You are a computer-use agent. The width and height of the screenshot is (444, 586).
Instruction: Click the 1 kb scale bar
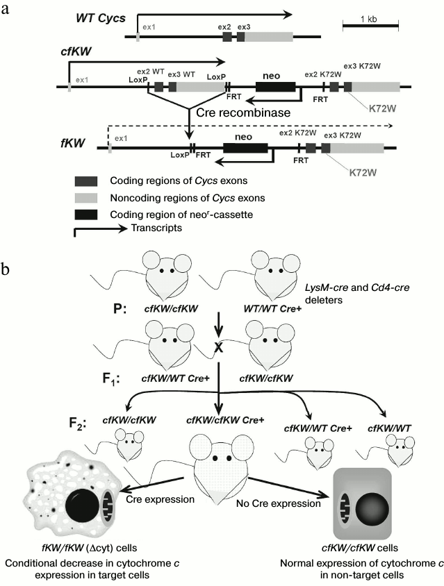tap(370, 26)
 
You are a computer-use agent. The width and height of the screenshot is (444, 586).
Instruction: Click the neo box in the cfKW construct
tap(275, 87)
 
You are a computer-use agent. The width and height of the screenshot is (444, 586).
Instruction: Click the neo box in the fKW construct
tap(245, 147)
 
